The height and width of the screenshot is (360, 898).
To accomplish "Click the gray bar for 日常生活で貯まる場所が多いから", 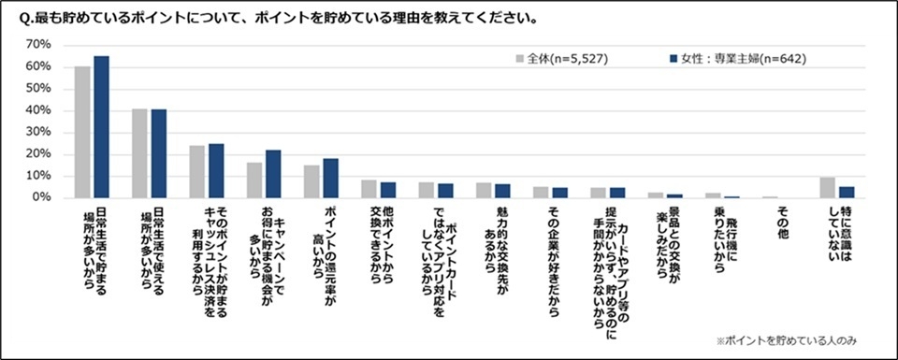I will (82, 132).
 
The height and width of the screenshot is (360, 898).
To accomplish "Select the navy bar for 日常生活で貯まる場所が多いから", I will (101, 127).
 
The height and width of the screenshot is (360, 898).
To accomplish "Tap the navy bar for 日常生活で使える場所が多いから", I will (158, 153).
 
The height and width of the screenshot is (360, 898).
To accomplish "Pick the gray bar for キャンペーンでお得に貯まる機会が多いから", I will (254, 180).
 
